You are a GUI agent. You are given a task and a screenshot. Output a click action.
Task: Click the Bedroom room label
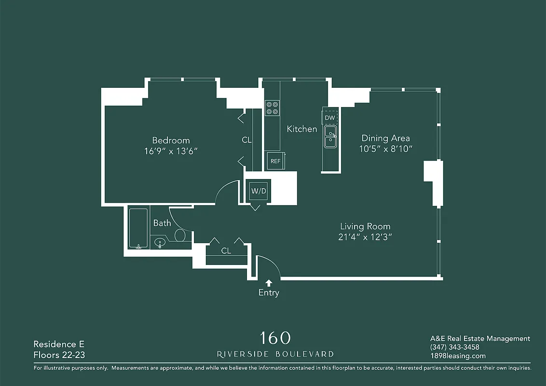171,140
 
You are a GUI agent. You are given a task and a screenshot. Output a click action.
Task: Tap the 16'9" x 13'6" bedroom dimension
171,152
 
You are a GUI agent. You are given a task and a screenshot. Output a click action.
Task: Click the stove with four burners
272,107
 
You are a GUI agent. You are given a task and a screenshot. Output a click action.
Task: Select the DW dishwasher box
330,118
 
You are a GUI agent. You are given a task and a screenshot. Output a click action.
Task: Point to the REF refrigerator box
275,161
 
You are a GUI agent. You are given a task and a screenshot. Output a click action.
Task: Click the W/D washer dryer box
259,191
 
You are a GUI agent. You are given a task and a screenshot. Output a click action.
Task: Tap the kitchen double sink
330,136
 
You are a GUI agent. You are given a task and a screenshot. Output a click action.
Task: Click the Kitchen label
302,129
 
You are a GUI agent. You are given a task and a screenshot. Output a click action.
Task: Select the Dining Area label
385,138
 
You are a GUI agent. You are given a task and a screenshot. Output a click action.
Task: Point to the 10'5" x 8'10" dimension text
385,149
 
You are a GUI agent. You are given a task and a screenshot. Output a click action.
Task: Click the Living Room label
365,226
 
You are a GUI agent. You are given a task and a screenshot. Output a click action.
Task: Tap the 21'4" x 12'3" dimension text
365,237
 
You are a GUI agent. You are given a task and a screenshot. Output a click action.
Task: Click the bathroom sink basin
160,242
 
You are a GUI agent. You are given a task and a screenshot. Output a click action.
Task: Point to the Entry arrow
269,283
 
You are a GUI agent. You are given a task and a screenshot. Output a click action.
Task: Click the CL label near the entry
226,251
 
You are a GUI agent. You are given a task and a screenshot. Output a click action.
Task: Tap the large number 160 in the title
275,337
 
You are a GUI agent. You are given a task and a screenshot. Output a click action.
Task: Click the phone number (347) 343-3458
454,347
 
